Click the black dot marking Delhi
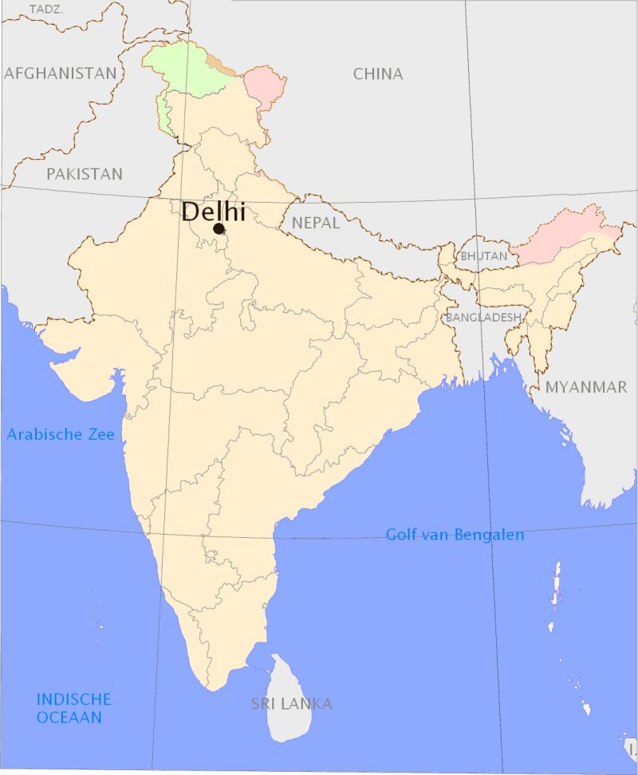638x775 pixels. click(219, 228)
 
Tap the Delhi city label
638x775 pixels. click(213, 212)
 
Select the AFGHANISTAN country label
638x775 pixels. click(60, 73)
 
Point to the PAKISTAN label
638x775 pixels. click(85, 174)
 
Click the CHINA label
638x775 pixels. click(378, 74)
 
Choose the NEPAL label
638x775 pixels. click(316, 223)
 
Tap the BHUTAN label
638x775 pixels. click(483, 257)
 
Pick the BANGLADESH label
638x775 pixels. click(483, 318)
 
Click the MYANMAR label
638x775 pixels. click(586, 387)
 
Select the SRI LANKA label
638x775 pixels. click(291, 704)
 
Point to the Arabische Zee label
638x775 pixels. click(61, 435)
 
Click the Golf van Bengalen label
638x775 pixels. click(455, 535)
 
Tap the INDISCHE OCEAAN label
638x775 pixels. click(73, 708)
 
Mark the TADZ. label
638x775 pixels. click(46, 9)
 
